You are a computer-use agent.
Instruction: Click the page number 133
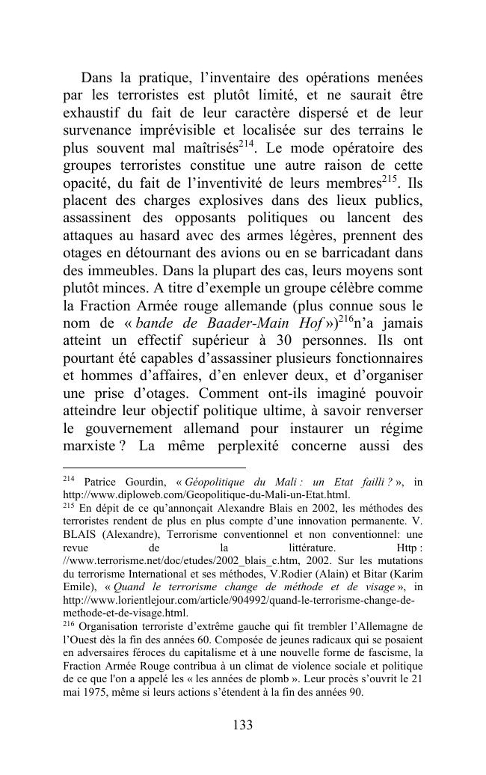(x=243, y=724)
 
